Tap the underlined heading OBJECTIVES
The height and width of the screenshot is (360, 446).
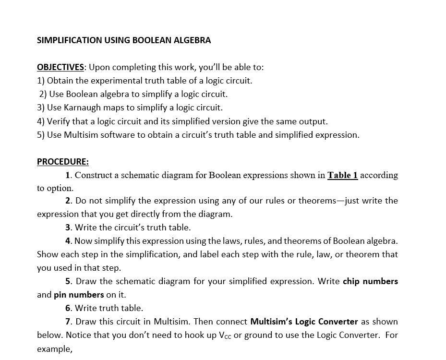pyautogui.click(x=60, y=67)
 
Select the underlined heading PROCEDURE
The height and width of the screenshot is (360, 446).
pyautogui.click(x=62, y=162)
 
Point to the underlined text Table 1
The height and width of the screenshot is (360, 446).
pyautogui.click(x=342, y=175)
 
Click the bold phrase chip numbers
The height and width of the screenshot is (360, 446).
pyautogui.click(x=370, y=281)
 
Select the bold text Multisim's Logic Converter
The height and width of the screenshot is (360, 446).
pyautogui.click(x=304, y=322)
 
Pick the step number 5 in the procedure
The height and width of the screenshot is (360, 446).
pyautogui.click(x=68, y=281)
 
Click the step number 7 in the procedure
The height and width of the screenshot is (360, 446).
pyautogui.click(x=68, y=322)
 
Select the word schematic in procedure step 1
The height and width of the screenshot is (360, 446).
pyautogui.click(x=136, y=175)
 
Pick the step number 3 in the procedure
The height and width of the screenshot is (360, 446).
pyautogui.click(x=68, y=228)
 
